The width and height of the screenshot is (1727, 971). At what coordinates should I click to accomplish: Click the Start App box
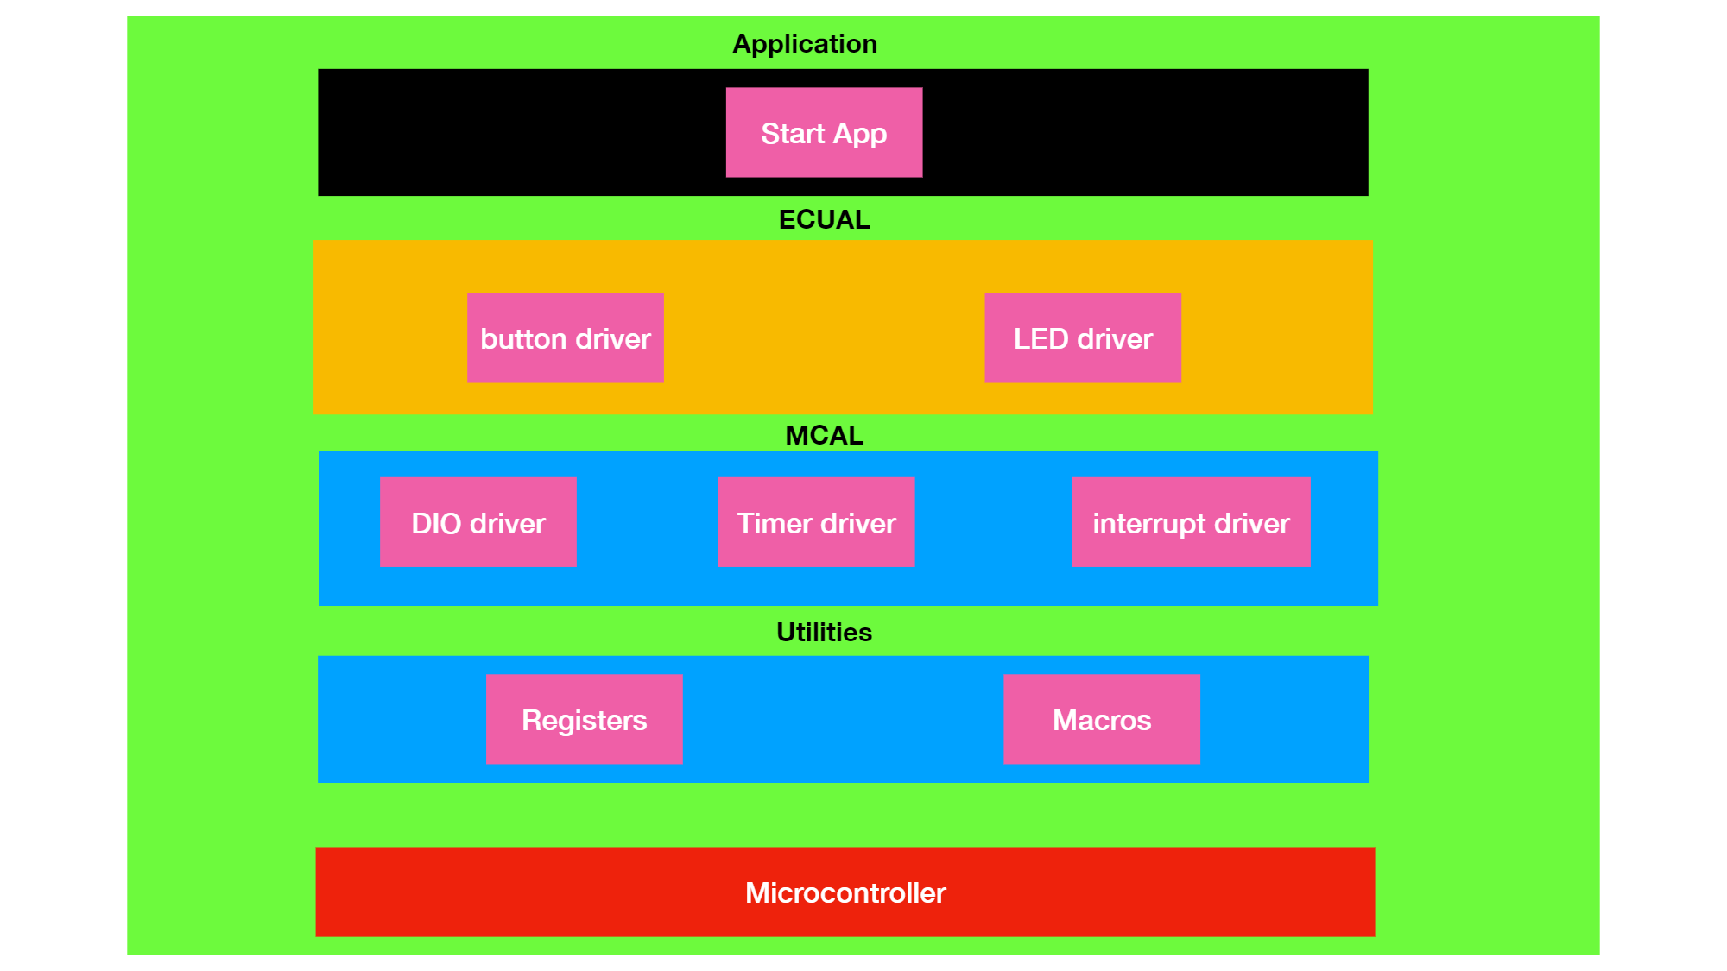[x=824, y=132]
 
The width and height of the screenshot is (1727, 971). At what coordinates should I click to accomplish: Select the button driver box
[x=565, y=337]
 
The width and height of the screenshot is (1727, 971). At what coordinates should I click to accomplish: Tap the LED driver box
[x=1082, y=337]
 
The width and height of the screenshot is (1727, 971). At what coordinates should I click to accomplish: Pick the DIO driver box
[x=478, y=522]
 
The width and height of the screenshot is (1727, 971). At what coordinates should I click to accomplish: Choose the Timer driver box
[x=816, y=522]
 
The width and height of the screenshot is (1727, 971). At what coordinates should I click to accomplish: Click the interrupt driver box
[x=1191, y=522]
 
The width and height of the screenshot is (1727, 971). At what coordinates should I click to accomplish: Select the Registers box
[x=584, y=719]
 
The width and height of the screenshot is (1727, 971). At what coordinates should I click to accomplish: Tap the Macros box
[x=1101, y=719]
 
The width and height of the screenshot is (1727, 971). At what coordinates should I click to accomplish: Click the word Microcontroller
[x=845, y=892]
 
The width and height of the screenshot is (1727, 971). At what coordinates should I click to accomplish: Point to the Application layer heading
[x=805, y=44]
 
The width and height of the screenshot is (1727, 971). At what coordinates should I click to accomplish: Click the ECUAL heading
[x=824, y=220]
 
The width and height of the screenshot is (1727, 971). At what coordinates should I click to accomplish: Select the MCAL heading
[x=824, y=435]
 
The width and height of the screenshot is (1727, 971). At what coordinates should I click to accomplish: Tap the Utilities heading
[x=824, y=632]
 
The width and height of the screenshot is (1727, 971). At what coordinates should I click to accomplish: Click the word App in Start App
[x=860, y=135]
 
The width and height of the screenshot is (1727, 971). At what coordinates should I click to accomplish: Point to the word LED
[x=1041, y=338]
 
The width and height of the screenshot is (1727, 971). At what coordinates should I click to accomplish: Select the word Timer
[x=775, y=523]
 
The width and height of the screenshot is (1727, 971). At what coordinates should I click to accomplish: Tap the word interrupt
[x=1149, y=524]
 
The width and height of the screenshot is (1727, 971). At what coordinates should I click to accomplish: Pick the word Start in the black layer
[x=793, y=134]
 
